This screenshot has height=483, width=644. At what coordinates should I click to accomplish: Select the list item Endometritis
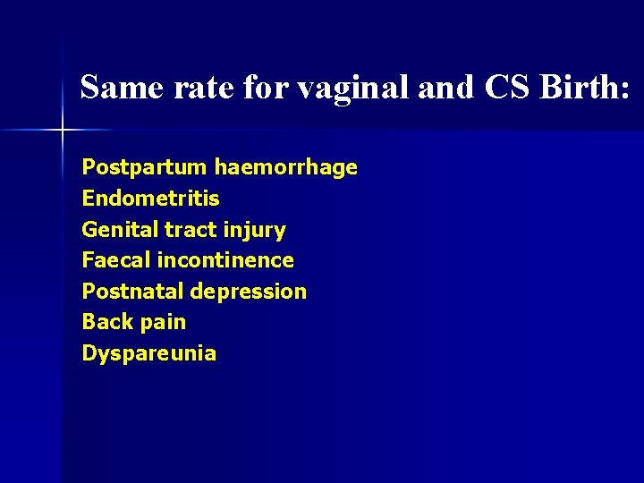tap(150, 199)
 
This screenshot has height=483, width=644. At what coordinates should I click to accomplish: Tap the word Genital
tap(120, 230)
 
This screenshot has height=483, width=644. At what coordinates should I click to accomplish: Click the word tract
tap(189, 230)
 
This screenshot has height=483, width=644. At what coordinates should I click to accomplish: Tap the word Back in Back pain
tap(106, 322)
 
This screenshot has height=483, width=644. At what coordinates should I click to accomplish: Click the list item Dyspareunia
tap(148, 353)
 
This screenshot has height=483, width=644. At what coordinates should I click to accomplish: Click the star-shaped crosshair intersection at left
tap(63, 131)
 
